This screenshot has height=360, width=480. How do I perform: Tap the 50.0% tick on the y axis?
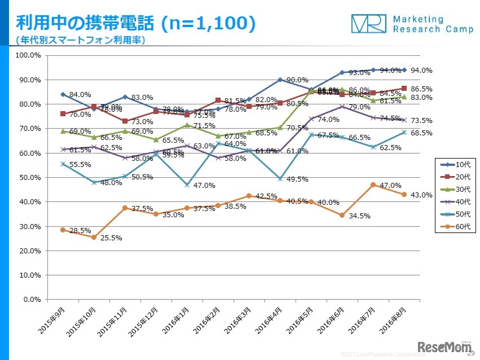[x=28, y=177]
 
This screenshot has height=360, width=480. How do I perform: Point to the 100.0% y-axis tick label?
[x=27, y=55]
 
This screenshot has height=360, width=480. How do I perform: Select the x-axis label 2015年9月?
[x=50, y=321]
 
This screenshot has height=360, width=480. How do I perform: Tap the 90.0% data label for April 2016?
[x=297, y=80]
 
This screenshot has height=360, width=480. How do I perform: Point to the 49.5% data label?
[x=297, y=179]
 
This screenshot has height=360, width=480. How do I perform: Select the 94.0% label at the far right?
[x=421, y=71]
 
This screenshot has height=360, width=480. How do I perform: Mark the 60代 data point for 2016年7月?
[x=373, y=185]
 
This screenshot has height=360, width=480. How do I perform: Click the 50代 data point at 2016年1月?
[x=187, y=185]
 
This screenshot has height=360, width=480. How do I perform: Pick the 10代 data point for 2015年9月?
[x=63, y=94]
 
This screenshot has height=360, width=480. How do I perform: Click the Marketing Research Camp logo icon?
[x=369, y=23]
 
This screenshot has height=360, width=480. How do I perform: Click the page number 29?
[x=471, y=354]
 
